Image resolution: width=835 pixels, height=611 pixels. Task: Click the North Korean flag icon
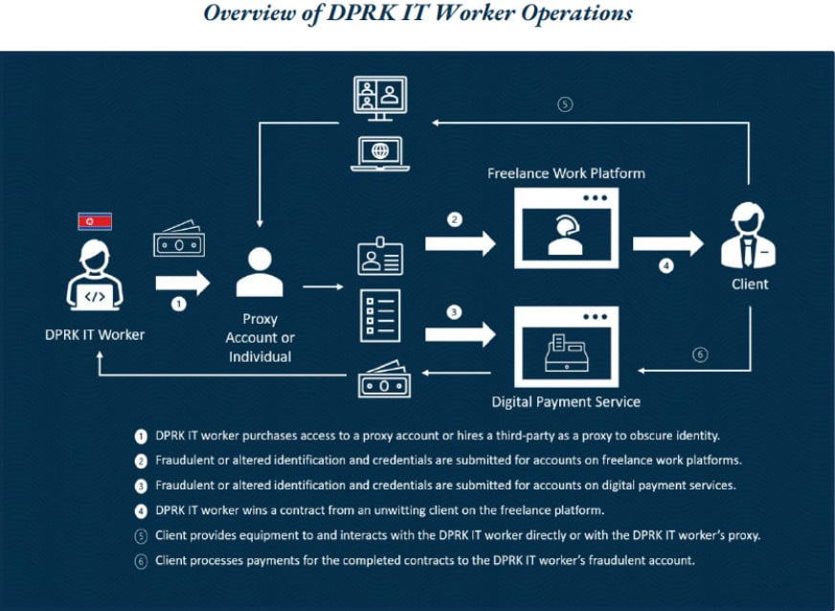(95, 221)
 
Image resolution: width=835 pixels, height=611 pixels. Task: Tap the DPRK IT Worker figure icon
(95, 275)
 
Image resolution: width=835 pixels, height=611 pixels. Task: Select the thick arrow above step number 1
(183, 283)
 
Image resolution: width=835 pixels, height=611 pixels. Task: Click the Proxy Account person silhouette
(260, 272)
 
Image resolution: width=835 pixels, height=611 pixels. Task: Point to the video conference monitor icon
(380, 98)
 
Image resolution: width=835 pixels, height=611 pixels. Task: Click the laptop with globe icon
(380, 154)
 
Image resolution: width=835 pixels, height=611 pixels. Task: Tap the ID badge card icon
(380, 257)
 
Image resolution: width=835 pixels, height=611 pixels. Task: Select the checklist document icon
(380, 316)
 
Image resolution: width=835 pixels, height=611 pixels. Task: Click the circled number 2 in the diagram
(454, 219)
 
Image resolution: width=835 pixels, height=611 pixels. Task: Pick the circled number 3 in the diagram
(454, 312)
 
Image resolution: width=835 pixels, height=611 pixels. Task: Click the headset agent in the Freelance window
(566, 235)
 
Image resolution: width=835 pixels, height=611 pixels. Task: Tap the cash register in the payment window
(567, 352)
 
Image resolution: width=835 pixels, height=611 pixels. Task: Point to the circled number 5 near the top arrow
(565, 103)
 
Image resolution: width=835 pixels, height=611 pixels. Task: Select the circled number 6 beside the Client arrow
(700, 354)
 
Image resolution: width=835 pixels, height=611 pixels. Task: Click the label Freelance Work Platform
(566, 173)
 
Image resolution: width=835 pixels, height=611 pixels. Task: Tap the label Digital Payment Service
(566, 401)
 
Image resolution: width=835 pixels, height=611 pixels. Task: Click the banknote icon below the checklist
(385, 379)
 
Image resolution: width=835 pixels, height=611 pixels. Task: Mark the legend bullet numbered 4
(141, 511)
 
